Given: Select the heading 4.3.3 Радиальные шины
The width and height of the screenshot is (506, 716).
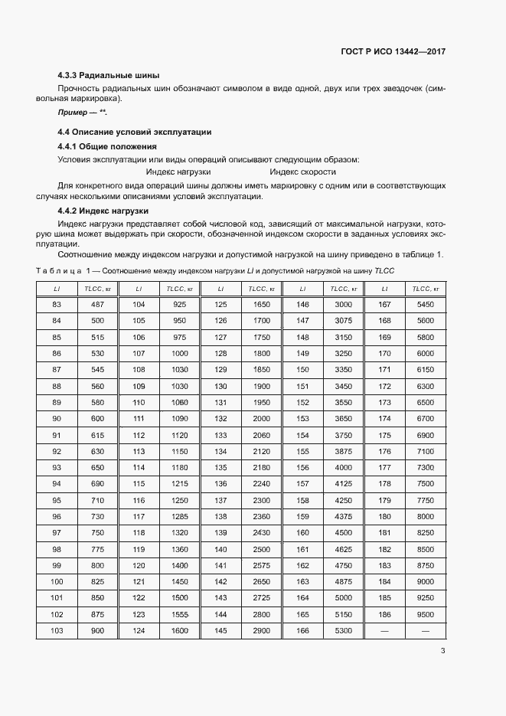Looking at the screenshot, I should click(x=108, y=75).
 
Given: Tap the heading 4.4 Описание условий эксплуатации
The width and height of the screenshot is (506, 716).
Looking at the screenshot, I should click(x=134, y=132).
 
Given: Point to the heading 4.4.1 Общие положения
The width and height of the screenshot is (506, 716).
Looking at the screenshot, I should click(x=107, y=145).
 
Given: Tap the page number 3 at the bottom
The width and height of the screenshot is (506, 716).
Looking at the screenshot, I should click(x=442, y=651).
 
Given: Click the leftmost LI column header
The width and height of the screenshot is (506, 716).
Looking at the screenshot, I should click(x=57, y=289).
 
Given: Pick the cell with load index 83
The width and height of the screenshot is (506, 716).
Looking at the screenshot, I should click(x=57, y=304).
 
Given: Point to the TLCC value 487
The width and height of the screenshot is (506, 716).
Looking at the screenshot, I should click(x=97, y=304).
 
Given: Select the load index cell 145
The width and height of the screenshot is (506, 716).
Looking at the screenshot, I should click(x=221, y=629).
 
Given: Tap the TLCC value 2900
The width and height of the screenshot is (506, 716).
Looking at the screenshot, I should click(x=262, y=629).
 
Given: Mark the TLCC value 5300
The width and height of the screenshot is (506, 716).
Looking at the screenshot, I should click(x=343, y=629).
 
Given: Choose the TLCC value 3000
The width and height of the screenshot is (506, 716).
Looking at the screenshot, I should click(x=343, y=304).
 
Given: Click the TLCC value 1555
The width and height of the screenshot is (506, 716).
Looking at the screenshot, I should click(x=180, y=613).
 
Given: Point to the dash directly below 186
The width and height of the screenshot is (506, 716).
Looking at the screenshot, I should click(x=384, y=629).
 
